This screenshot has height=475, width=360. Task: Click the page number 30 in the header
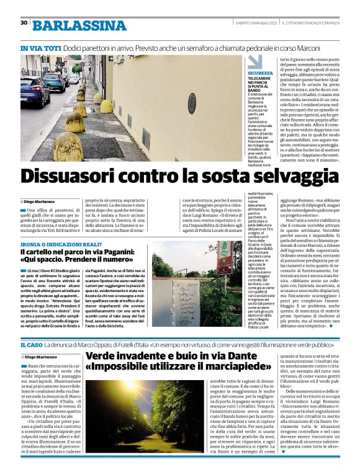pyautogui.click(x=24, y=22)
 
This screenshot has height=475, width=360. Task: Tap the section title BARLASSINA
pyautogui.click(x=79, y=25)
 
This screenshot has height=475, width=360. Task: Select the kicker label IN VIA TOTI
pyautogui.click(x=40, y=48)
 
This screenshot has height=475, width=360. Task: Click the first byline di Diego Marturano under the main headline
pyautogui.click(x=38, y=202)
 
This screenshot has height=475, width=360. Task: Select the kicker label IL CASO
pyautogui.click(x=31, y=344)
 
